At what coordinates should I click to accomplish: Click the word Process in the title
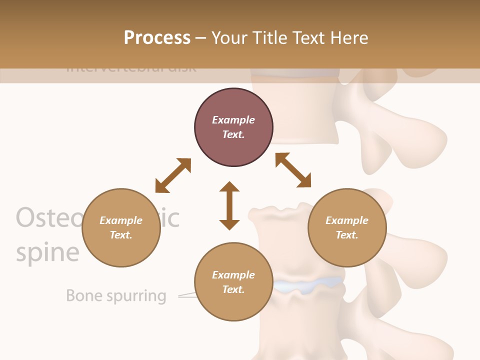pos(157,37)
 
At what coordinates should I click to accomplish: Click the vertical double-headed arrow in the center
pos(229,205)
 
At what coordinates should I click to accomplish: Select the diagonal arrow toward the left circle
pos(173,175)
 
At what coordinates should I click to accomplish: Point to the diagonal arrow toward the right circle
pos(293,170)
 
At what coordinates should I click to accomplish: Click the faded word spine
pos(47,252)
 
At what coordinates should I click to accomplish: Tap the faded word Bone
pos(84,295)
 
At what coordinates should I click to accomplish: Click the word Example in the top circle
pos(233,120)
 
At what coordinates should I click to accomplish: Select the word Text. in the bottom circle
pos(233,289)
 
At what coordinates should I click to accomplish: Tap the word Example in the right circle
pos(347,220)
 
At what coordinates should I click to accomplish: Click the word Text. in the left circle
pos(121,235)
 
